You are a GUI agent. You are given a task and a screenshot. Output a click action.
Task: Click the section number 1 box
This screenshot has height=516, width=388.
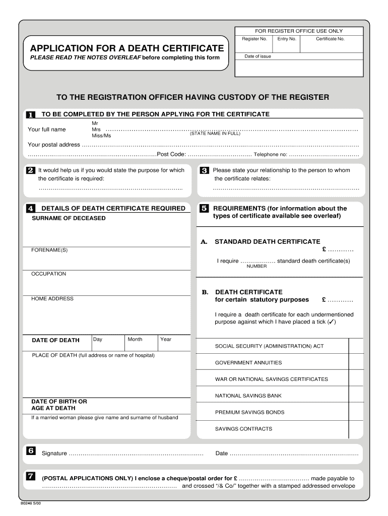[31, 115]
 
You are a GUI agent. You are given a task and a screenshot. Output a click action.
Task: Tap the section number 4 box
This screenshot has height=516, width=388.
[31, 208]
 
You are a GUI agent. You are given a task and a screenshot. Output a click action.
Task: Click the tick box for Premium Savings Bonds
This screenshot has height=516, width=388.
[356, 412]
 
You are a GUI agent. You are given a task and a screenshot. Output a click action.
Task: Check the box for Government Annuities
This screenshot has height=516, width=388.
[356, 362]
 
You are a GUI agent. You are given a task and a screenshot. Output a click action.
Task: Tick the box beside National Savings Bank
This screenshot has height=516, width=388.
[356, 396]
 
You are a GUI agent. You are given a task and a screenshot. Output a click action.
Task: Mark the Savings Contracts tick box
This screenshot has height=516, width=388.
[356, 429]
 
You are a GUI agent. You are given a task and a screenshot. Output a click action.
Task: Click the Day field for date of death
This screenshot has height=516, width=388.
[108, 343]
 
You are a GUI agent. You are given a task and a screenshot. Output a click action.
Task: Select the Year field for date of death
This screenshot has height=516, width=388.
[175, 343]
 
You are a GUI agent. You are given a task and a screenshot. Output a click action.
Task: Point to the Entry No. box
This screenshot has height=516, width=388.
[286, 44]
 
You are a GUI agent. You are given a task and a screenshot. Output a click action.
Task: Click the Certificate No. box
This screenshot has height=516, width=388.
[330, 44]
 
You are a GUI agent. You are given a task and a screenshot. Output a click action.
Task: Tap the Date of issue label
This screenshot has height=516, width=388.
[257, 56]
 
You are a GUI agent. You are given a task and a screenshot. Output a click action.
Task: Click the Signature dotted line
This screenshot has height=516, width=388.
[136, 454]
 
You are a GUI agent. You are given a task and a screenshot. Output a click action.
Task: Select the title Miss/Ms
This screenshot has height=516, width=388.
[101, 136]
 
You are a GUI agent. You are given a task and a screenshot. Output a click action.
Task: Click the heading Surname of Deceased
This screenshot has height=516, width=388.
[69, 218]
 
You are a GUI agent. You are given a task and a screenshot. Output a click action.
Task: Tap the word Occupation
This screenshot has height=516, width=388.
[48, 274]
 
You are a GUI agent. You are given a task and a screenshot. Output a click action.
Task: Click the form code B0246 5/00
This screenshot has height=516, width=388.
[31, 503]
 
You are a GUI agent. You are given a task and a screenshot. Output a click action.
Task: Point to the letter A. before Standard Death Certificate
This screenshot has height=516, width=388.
[204, 242]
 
